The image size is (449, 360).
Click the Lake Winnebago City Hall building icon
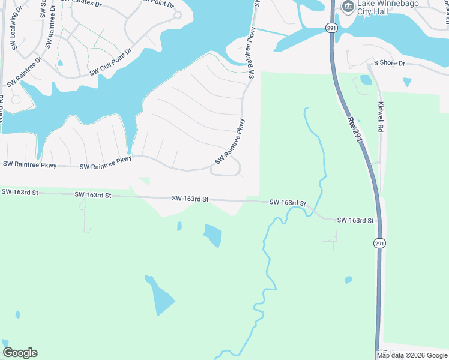click(347, 6)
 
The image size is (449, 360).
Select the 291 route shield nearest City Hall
click(330, 28)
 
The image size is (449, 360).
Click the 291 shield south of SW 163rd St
click(379, 243)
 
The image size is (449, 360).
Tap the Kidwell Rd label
click(381, 117)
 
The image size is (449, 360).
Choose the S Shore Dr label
click(390, 63)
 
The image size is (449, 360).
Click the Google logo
click(20, 353)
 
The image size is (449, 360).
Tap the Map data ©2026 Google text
click(412, 355)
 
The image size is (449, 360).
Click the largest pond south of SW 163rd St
click(161, 296)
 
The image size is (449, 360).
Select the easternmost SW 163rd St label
click(355, 221)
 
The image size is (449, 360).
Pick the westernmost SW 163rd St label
click(20, 192)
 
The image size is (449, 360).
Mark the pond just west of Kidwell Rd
click(366, 80)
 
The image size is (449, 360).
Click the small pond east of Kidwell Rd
click(408, 81)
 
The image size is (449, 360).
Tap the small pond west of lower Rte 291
click(348, 280)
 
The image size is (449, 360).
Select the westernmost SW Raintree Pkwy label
click(29, 164)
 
